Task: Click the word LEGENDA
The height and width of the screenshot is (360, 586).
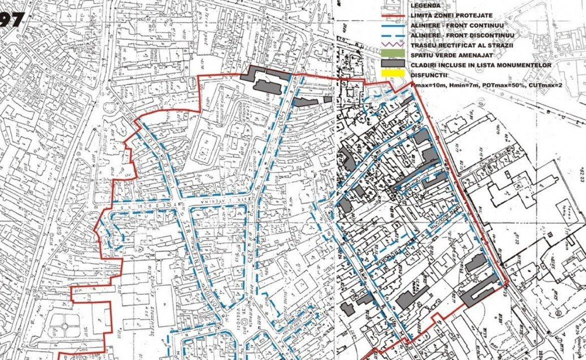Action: click(425, 5)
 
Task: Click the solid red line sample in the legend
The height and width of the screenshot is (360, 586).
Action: click(393, 15)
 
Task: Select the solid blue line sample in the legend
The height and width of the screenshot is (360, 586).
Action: click(393, 25)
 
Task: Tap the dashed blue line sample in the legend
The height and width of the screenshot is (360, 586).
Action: click(393, 35)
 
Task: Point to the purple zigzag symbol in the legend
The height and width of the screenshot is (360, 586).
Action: click(393, 45)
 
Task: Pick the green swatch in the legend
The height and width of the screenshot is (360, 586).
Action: click(393, 54)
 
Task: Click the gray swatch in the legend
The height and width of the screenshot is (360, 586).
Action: click(393, 65)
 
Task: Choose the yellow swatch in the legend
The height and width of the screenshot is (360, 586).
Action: click(393, 75)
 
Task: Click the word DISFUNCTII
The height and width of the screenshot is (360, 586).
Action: click(428, 75)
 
